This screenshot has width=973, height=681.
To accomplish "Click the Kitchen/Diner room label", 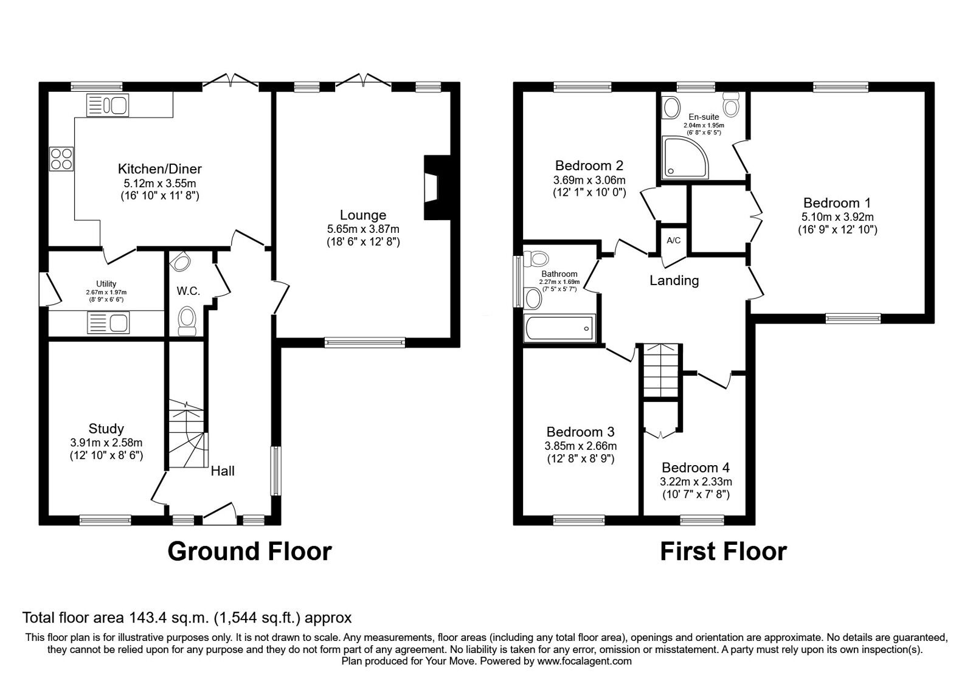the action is (160, 168).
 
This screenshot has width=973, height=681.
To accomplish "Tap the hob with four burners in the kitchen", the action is (61, 159).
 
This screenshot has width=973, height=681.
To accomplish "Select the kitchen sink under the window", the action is (107, 105).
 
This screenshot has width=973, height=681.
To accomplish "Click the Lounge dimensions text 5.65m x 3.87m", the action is (363, 229).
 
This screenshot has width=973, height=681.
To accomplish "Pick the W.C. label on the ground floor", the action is (188, 291).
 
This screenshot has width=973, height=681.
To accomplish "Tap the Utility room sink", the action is (108, 323).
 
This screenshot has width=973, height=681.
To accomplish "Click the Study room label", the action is (106, 429).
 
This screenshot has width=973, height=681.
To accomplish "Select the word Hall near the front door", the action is (223, 471).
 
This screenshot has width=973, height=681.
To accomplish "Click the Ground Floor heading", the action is (250, 551).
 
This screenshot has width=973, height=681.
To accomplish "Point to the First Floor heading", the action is (723, 551).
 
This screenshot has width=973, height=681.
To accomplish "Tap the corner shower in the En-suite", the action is (685, 157).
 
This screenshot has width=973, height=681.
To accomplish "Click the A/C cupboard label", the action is (674, 240).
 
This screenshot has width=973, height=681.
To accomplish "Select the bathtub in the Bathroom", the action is (559, 328).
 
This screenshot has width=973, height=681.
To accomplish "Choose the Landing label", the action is (674, 280).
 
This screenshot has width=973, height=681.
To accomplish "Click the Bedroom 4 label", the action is (696, 468).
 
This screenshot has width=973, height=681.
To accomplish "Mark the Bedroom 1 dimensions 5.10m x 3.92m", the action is (837, 216).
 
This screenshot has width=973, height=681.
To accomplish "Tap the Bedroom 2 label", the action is (589, 165).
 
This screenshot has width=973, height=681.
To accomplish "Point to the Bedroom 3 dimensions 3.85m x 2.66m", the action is (580, 446).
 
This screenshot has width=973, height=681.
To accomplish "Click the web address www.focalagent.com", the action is (584, 661).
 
